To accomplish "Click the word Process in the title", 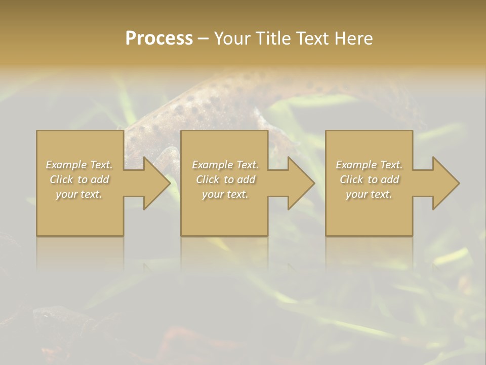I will coord(159,39).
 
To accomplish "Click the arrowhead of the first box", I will coord(155,183).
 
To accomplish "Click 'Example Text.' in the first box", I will coord(79,165).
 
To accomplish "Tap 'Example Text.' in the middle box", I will coord(225,165).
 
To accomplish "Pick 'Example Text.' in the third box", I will coord(369,165).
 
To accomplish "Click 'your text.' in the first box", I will coord(79,194).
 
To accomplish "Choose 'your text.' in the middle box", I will coord(225,194).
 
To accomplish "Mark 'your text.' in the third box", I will coord(369,194).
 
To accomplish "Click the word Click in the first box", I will coord(61,179).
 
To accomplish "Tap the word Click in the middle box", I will coord(208,179).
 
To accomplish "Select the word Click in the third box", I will coord(351,179).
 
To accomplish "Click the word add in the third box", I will coord(390,179).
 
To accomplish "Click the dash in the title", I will coord(204,39).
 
